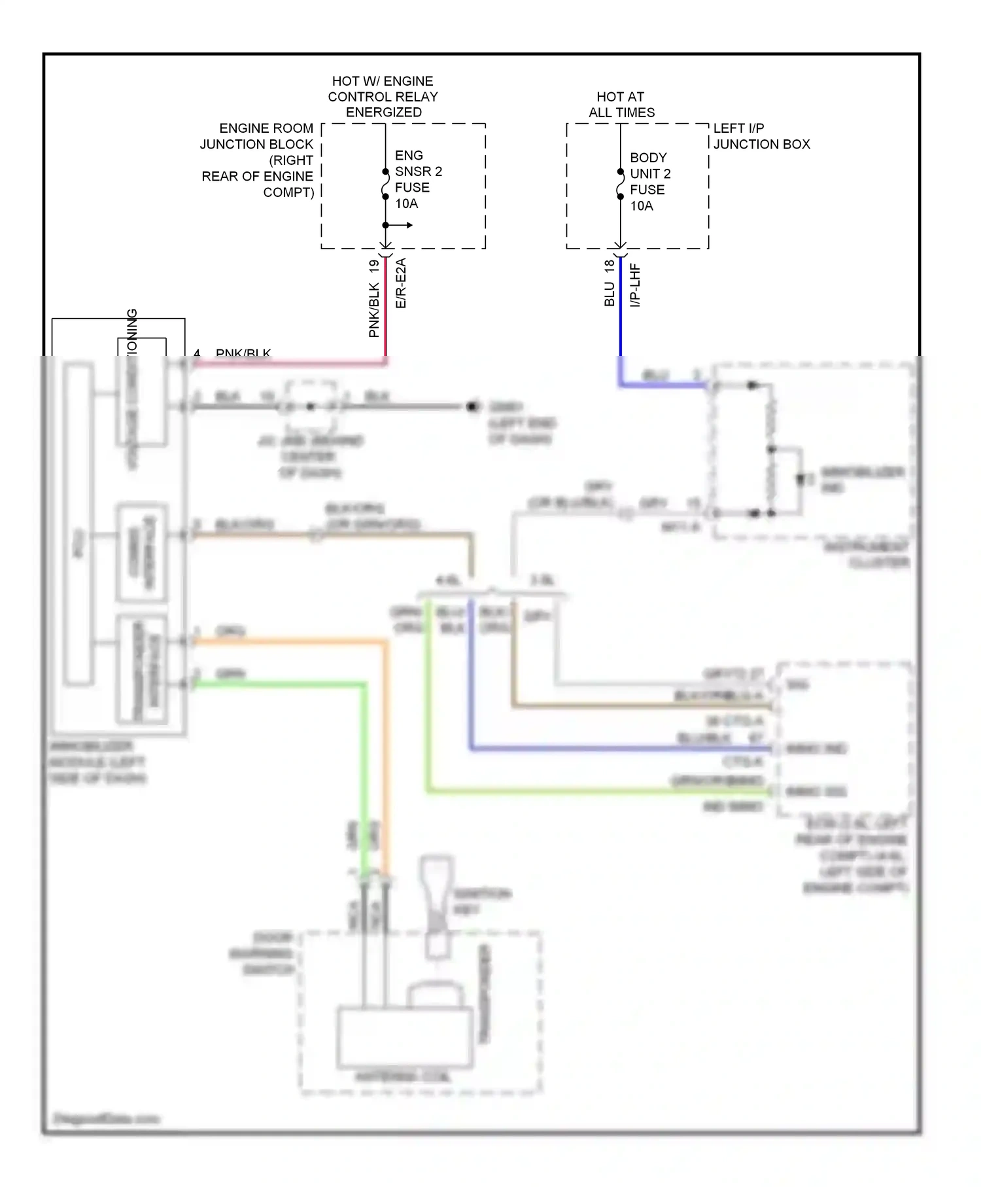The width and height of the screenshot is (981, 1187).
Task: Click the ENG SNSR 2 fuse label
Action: [x=418, y=171]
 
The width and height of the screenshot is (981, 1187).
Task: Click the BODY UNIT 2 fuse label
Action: [x=649, y=174]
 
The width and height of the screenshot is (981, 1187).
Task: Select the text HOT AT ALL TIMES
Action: [x=621, y=105]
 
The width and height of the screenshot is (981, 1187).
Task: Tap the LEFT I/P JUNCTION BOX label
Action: [x=761, y=136]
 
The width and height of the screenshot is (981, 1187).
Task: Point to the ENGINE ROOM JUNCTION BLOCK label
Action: [x=258, y=160]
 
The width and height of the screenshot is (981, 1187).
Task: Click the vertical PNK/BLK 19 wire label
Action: [x=374, y=298]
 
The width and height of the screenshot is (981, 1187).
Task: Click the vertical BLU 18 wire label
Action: [x=610, y=283]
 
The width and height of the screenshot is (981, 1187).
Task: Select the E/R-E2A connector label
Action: [x=401, y=283]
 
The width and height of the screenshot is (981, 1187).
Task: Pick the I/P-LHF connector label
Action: [x=634, y=285]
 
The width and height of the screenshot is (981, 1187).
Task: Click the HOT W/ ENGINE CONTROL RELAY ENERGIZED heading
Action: [x=383, y=96]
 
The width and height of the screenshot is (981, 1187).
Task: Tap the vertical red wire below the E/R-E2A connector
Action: [x=386, y=308]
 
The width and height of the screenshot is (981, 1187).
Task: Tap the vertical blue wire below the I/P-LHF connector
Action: [x=621, y=308]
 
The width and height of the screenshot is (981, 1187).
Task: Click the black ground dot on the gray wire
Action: [x=472, y=406]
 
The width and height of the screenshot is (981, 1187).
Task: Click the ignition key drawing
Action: [x=438, y=906]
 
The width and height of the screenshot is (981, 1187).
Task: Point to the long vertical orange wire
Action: [x=386, y=753]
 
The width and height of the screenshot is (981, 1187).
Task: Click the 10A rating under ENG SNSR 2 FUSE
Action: [x=406, y=204]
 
